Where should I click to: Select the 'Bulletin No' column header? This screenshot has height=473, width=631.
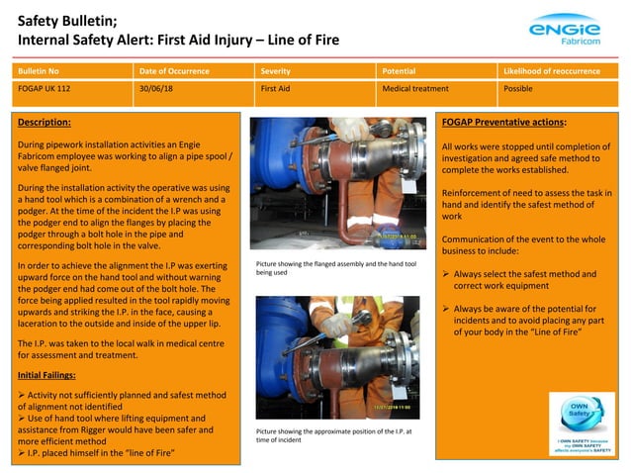click(x=39, y=72)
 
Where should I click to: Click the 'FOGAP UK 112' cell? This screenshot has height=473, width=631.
click(x=45, y=89)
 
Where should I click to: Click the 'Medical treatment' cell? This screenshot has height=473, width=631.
click(x=415, y=89)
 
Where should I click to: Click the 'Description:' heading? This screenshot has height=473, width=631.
click(x=45, y=123)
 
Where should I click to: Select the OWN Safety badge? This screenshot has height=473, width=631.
click(x=582, y=424)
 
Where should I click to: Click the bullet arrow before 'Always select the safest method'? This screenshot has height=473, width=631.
click(x=446, y=274)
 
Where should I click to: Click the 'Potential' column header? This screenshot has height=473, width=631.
click(x=399, y=72)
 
